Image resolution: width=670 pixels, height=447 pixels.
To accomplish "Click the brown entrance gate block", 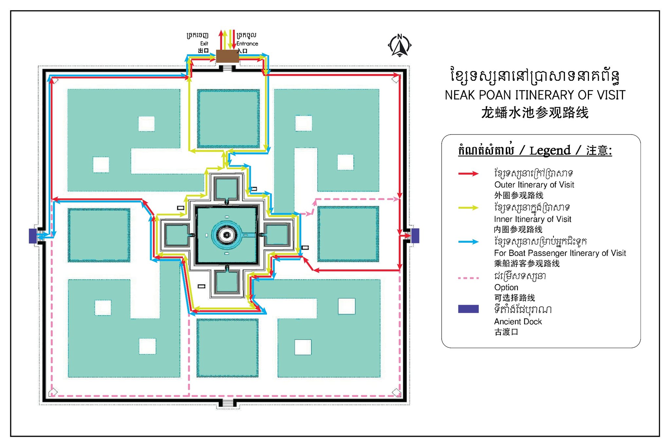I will click(227, 56).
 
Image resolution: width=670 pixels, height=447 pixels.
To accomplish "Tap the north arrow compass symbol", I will click(399, 45).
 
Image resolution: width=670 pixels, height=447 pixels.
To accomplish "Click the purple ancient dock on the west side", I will click(33, 236).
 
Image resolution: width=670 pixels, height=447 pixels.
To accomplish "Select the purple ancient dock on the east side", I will click(415, 236).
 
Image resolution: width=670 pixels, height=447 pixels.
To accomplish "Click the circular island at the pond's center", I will click(226, 235).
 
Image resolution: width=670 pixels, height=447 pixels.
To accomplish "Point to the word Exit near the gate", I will click(204, 44).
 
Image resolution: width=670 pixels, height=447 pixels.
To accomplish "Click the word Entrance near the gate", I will click(247, 44).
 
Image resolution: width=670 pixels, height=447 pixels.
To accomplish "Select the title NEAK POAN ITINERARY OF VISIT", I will click(535, 95).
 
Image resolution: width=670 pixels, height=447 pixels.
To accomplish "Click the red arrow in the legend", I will click(468, 173).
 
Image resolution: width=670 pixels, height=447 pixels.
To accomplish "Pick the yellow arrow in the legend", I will click(468, 207).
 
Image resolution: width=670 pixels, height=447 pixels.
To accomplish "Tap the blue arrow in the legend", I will click(468, 242).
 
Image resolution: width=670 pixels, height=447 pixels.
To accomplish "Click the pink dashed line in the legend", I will click(468, 278).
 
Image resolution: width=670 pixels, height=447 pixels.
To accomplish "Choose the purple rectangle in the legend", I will click(468, 309).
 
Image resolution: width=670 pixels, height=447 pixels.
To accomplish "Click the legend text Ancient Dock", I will click(518, 322).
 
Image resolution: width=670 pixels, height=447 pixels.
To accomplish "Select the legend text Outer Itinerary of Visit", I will click(534, 185).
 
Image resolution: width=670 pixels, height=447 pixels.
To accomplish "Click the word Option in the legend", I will click(506, 287).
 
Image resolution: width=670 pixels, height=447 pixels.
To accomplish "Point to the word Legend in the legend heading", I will click(550, 151).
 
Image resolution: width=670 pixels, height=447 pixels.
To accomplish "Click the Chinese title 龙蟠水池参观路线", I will click(535, 113).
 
